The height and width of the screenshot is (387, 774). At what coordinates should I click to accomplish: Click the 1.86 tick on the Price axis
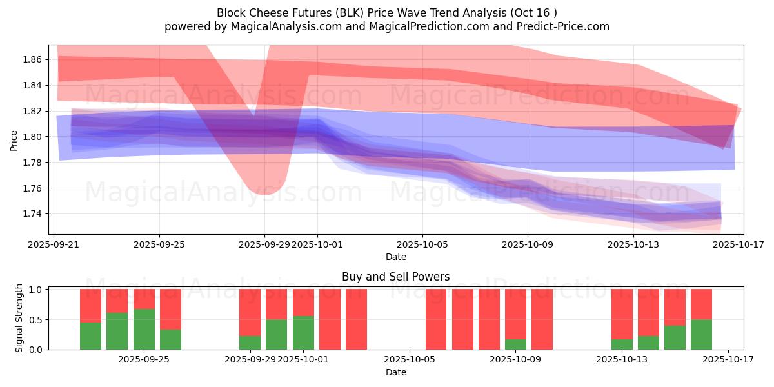[32, 59]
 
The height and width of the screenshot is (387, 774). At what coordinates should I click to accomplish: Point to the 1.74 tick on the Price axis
[32, 213]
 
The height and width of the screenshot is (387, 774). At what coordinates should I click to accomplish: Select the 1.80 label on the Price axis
[32, 137]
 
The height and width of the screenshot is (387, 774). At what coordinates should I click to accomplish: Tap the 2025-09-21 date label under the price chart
[54, 244]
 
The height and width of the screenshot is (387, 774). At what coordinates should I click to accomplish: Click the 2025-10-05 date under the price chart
[422, 244]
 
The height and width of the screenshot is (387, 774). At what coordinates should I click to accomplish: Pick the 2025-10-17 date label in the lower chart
[729, 359]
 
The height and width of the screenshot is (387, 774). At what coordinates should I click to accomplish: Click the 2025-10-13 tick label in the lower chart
[622, 359]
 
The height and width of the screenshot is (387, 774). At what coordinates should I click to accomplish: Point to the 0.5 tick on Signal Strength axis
[35, 319]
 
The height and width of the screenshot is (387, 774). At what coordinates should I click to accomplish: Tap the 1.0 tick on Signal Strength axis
[35, 290]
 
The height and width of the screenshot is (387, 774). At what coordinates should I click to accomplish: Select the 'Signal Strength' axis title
[19, 318]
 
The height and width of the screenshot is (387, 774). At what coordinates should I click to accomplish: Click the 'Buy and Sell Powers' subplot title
[395, 277]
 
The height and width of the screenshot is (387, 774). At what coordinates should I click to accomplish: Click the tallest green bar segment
[144, 329]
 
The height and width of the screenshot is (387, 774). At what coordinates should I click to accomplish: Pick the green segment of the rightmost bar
[701, 334]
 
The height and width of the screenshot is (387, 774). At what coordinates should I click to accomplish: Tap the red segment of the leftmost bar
[90, 306]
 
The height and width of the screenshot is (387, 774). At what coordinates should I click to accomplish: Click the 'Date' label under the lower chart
[395, 372]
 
